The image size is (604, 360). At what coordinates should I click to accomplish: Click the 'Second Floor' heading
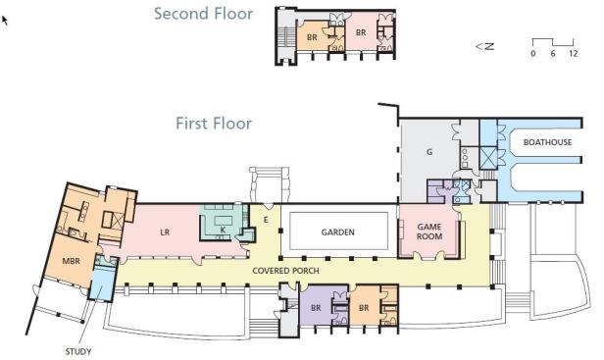click(203, 14)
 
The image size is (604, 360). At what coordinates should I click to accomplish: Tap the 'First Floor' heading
click(214, 124)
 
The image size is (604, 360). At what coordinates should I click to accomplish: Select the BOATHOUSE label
click(547, 142)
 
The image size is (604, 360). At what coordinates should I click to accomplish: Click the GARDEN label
click(338, 232)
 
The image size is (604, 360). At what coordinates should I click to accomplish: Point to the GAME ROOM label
click(429, 231)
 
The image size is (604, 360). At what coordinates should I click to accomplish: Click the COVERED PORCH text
click(286, 271)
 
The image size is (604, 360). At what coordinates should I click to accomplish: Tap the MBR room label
click(72, 261)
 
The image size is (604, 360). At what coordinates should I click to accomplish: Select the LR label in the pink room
click(165, 232)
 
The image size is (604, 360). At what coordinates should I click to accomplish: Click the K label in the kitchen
click(223, 231)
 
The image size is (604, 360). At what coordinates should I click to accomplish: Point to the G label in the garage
click(429, 152)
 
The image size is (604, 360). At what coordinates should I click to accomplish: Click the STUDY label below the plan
click(78, 351)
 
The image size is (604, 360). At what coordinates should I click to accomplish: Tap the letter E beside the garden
click(266, 220)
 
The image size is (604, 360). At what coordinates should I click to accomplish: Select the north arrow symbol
click(485, 46)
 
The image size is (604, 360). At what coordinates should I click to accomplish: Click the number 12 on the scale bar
click(574, 53)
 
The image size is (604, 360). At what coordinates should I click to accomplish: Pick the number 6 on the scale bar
click(553, 53)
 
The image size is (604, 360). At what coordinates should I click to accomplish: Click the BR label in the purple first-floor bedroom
click(316, 308)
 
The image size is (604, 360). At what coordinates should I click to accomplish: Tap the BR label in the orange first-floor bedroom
click(364, 308)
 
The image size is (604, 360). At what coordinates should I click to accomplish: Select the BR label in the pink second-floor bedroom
click(361, 32)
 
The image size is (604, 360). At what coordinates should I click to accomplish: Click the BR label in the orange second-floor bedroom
click(312, 37)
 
